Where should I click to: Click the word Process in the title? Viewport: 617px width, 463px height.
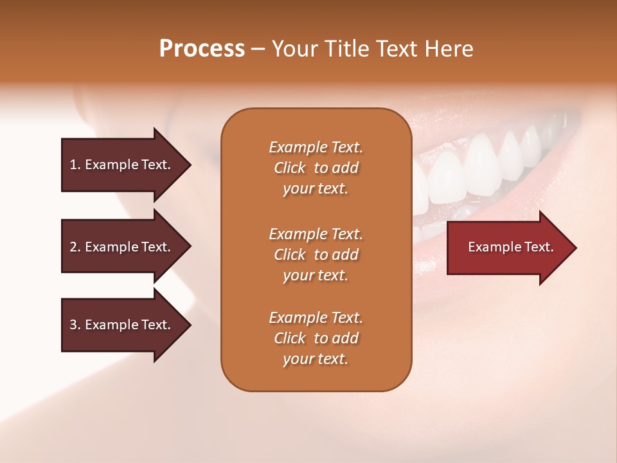tap(202, 48)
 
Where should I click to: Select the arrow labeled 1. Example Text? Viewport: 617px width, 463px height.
tap(127, 165)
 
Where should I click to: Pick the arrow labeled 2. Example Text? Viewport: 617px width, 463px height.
tap(127, 246)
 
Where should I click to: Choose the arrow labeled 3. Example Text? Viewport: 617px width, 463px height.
tap(127, 324)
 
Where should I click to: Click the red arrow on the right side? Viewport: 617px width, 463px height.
tap(512, 248)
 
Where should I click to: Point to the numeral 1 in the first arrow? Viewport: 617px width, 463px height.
tap(73, 165)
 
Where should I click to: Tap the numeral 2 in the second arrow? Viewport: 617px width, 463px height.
tap(73, 247)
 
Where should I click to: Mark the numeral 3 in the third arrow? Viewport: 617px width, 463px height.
tap(73, 325)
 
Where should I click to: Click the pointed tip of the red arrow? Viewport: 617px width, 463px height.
tap(577, 248)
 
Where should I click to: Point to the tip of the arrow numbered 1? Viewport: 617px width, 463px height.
tap(192, 165)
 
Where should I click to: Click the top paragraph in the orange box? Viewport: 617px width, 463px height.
tap(316, 168)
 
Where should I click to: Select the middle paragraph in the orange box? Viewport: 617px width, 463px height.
tap(316, 255)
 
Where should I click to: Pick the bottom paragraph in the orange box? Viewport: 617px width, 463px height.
tap(316, 338)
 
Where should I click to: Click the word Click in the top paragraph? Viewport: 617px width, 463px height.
tap(290, 168)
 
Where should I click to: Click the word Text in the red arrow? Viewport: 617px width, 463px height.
tap(539, 247)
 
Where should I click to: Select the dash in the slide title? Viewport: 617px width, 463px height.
tap(258, 50)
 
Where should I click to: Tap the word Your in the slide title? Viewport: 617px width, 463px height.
tap(295, 48)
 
